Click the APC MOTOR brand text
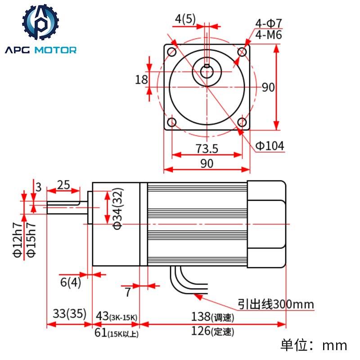tap(41, 50)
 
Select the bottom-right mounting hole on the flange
tap(242, 122)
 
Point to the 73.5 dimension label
tap(207, 148)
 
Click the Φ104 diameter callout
tap(270, 145)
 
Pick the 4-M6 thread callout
tap(269, 35)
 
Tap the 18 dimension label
tap(141, 80)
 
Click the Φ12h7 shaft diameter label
tap(18, 241)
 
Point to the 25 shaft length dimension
tap(63, 184)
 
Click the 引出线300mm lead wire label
tap(276, 304)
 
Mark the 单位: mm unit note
tap(314, 345)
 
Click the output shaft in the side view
tap(63, 207)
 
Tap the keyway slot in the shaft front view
tap(207, 67)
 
